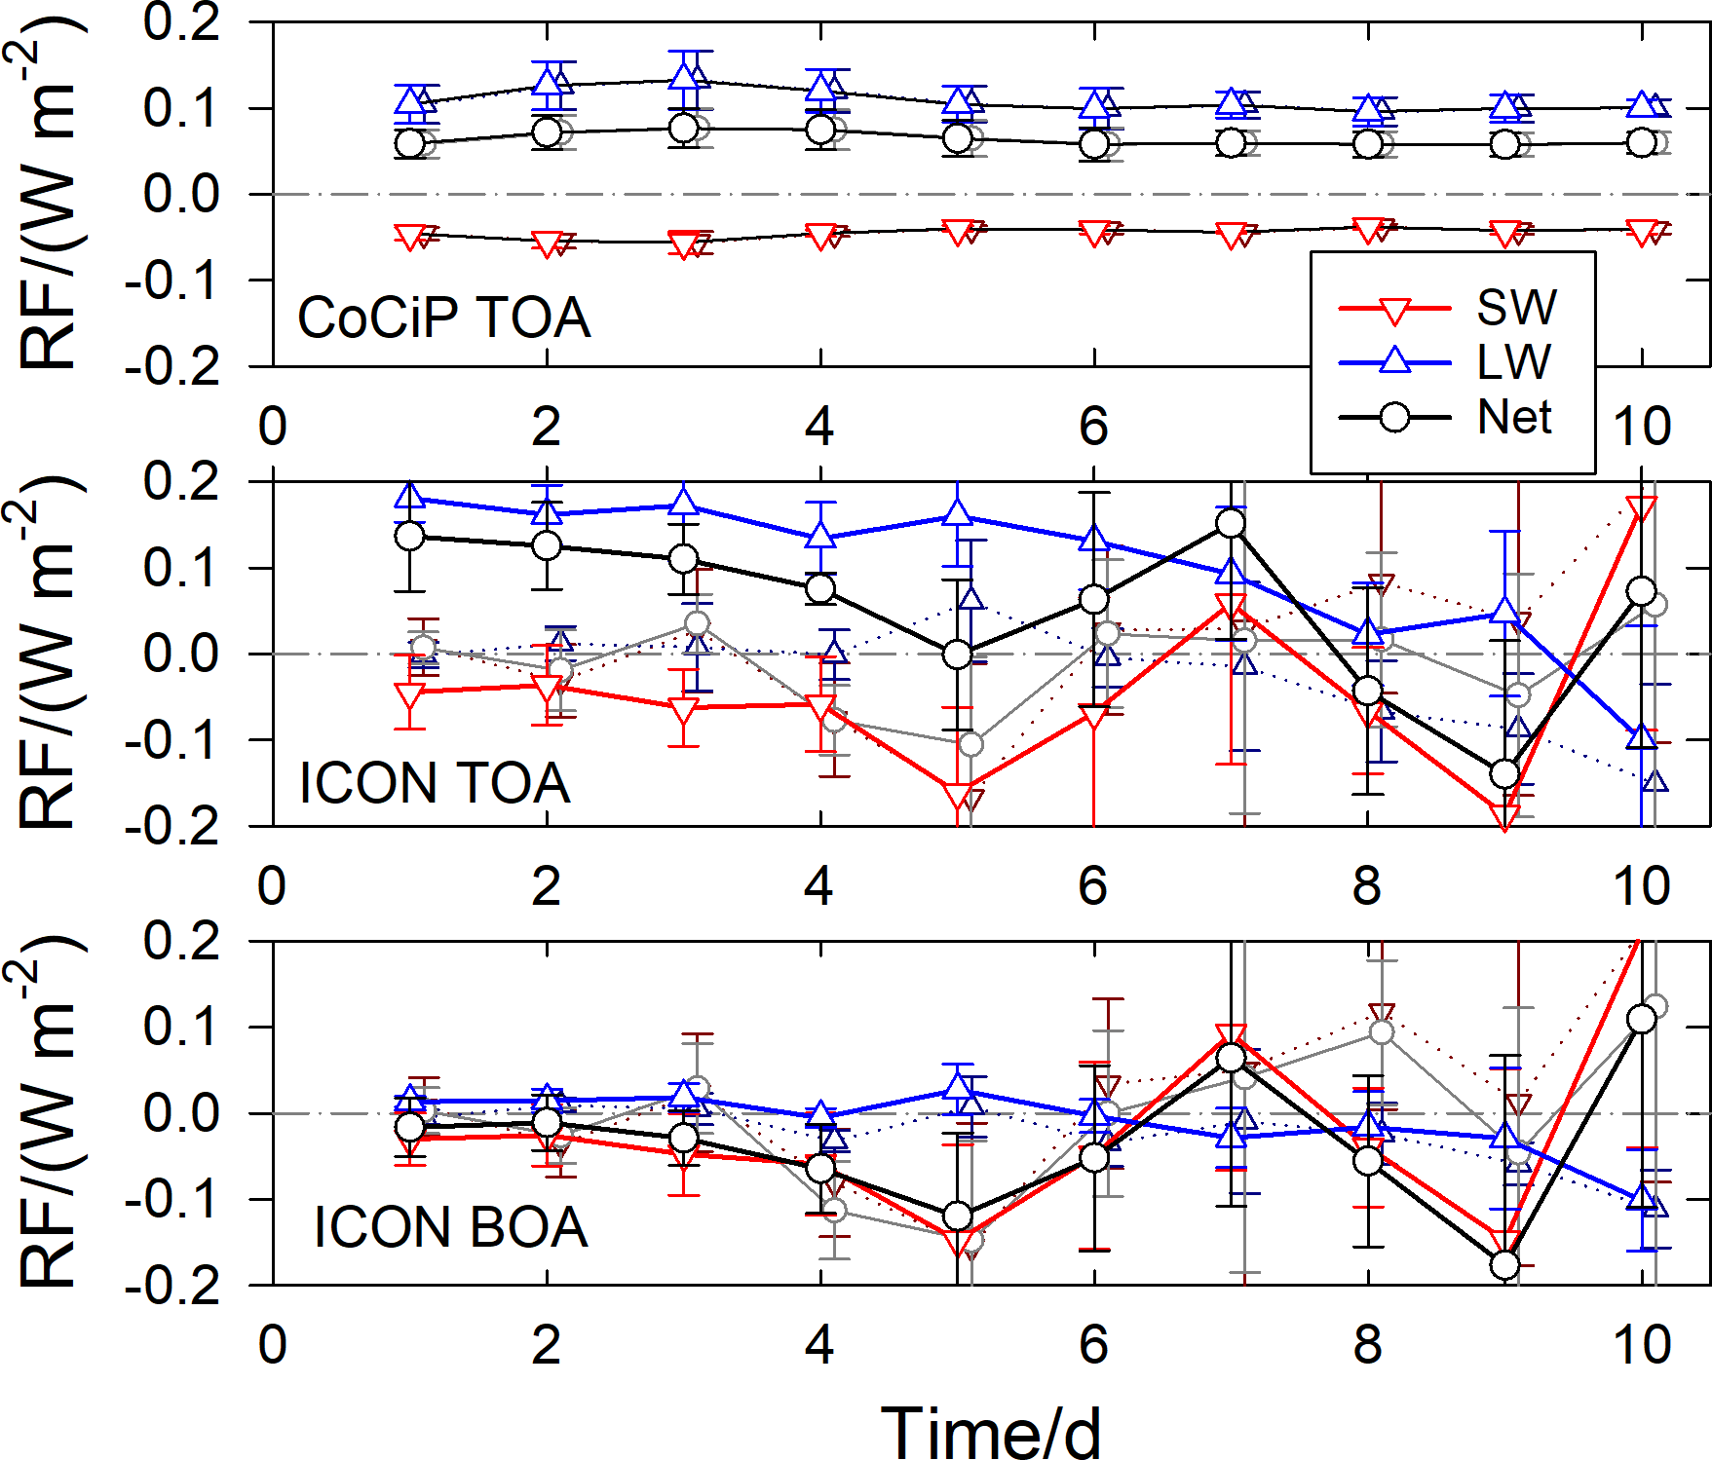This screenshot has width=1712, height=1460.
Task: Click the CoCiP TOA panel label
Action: tap(443, 318)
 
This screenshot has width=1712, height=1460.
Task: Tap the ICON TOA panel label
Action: tap(434, 783)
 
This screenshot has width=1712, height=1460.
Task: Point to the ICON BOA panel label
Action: tap(450, 1226)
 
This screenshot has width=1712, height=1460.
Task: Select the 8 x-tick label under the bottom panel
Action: tap(1367, 1344)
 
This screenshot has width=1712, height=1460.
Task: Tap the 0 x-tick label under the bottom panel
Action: tap(273, 1344)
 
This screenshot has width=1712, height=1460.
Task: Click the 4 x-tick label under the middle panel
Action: tap(818, 885)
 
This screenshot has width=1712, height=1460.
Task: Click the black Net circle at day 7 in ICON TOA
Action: tap(1231, 523)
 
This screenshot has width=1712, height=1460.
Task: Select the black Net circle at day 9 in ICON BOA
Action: tap(1505, 1264)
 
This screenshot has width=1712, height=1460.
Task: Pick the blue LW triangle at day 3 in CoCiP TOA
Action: tap(684, 75)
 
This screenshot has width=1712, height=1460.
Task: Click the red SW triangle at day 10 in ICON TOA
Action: tap(1642, 507)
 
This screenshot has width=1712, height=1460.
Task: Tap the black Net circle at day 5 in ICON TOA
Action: tap(958, 654)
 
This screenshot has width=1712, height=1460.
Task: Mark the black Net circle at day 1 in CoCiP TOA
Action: tap(410, 143)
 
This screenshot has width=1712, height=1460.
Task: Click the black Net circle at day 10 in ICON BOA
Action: tap(1642, 1019)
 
